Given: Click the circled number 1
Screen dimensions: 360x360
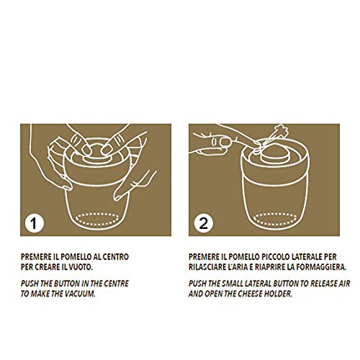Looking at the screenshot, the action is click(35, 224).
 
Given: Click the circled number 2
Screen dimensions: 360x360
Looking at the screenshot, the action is click(204, 224).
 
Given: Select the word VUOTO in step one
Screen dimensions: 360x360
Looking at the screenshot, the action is click(81, 267).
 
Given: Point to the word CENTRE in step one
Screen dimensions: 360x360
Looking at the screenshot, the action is click(116, 284).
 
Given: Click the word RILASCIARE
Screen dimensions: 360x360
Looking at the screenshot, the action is click(204, 267).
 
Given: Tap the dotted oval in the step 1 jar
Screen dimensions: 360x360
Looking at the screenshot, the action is click(97, 220).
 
